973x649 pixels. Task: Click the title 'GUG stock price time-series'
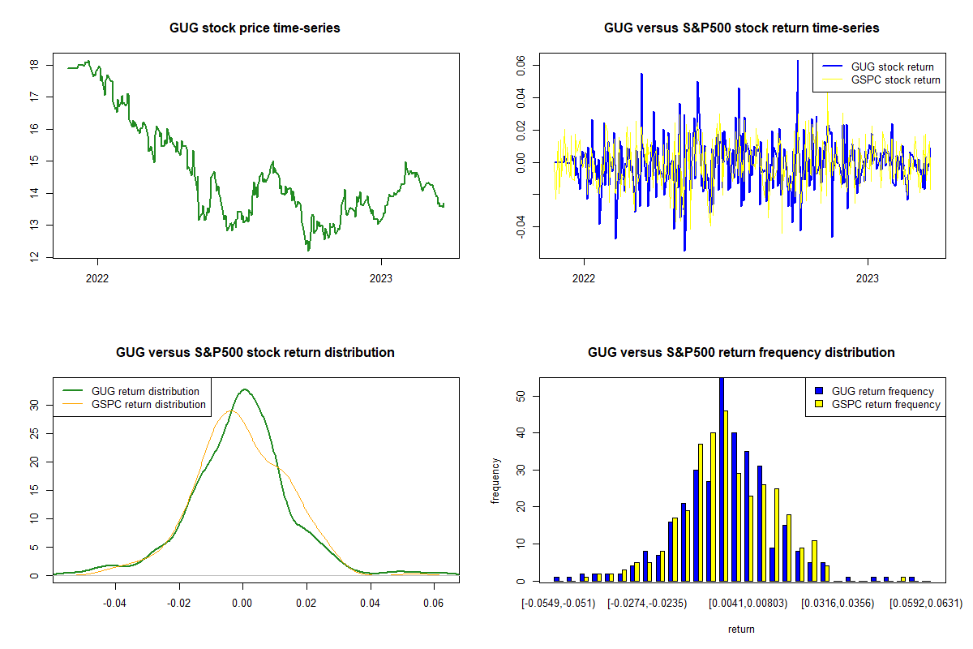pos(255,28)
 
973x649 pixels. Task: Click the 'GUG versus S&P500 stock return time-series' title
pos(741,28)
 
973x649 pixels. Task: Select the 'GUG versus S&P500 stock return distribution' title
pos(255,353)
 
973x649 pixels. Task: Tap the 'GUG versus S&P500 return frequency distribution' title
pos(741,353)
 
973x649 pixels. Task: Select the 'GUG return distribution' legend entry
pos(145,391)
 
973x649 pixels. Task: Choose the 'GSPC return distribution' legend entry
pos(148,404)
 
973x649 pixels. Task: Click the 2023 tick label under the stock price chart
pos(381,278)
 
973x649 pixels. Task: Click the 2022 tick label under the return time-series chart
pos(584,278)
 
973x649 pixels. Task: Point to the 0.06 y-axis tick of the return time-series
pos(521,64)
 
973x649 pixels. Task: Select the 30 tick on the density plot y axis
pos(34,404)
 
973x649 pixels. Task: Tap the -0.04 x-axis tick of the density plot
pos(115,603)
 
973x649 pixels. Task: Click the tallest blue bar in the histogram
pos(722,479)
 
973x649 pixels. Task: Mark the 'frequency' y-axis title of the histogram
pos(495,481)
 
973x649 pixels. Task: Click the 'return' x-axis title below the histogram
pos(741,629)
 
